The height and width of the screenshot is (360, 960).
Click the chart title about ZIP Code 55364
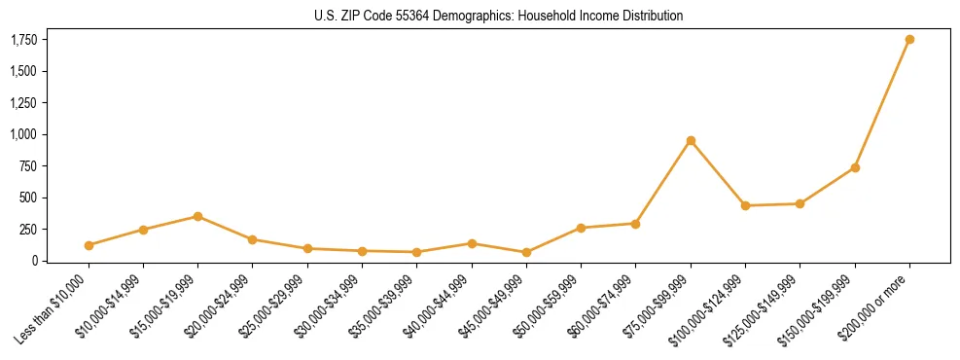tap(498, 17)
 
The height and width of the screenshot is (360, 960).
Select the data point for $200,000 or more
tap(909, 40)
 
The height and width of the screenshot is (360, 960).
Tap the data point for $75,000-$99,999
tap(691, 141)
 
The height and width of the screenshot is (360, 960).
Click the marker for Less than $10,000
tap(89, 245)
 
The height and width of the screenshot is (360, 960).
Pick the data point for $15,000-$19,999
tap(197, 216)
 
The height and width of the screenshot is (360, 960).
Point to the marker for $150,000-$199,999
tap(855, 167)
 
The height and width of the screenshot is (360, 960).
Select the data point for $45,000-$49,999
tap(526, 252)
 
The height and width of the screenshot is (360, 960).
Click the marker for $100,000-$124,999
tap(745, 205)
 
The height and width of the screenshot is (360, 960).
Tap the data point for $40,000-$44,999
tap(472, 243)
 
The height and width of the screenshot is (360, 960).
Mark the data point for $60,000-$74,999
tap(636, 224)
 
